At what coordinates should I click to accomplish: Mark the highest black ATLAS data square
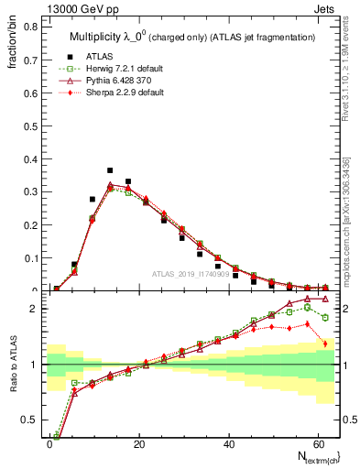tap(110, 170)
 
